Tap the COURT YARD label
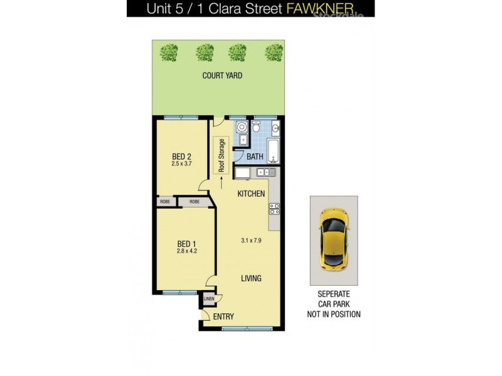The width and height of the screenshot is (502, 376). pos(222,76)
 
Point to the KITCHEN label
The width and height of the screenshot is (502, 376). pos(251,194)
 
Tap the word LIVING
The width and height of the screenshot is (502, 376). pos(251,278)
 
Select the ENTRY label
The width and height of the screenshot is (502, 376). pos(223,316)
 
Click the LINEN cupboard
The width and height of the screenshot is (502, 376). pos(208,299)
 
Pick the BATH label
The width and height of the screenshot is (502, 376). pos(254,157)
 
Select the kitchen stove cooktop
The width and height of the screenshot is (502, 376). pos(274,209)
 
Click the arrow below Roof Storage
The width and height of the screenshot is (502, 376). pos(221,182)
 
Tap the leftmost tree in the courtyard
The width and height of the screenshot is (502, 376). pos(168,52)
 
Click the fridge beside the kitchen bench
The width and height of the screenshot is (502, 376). pos(242,172)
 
